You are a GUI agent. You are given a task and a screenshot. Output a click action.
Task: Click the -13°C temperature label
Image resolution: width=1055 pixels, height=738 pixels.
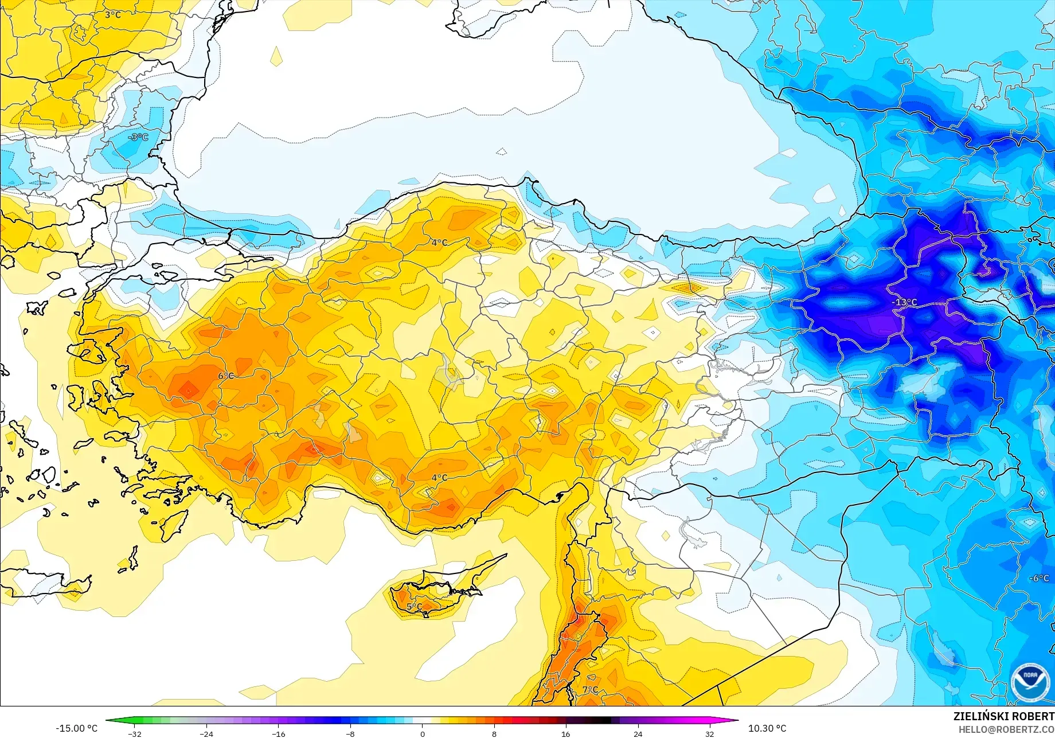click(x=904, y=302)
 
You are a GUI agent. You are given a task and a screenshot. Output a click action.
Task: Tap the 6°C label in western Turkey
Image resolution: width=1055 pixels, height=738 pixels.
click(x=226, y=376)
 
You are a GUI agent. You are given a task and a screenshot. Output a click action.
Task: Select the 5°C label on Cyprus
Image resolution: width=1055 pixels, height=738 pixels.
click(x=414, y=606)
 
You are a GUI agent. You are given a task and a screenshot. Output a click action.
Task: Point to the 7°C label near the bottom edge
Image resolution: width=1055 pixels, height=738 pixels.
click(x=590, y=689)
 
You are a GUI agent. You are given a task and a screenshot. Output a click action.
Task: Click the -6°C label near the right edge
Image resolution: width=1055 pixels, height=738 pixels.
click(x=1038, y=578)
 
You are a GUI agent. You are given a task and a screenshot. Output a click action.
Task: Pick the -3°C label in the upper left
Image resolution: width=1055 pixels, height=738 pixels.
click(x=138, y=137)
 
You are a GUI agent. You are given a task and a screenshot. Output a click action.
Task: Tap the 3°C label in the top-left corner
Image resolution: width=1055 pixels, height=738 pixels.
click(x=113, y=14)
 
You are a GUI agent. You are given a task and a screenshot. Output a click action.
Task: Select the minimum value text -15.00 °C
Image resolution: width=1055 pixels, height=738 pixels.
click(x=77, y=728)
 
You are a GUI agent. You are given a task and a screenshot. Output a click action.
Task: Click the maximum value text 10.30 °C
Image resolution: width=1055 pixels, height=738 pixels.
click(x=767, y=728)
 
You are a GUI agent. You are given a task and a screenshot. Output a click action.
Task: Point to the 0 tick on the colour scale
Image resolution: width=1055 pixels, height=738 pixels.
click(x=423, y=734)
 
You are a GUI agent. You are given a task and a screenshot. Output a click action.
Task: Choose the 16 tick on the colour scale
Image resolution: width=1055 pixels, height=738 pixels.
click(x=566, y=734)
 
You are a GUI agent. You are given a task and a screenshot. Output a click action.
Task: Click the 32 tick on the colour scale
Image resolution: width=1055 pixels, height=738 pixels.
click(x=709, y=734)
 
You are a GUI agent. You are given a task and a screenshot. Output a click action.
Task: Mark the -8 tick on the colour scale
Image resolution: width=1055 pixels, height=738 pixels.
click(x=350, y=734)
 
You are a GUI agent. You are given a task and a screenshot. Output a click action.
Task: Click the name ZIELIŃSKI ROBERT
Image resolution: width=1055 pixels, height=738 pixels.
click(x=1003, y=716)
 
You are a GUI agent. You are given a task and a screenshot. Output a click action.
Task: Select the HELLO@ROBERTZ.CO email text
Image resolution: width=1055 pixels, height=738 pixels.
click(x=1006, y=729)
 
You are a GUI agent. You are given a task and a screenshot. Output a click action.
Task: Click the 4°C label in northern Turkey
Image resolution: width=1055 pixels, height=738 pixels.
click(x=439, y=243)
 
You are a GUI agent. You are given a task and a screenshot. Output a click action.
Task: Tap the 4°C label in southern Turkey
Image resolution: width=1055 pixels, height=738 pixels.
click(x=439, y=477)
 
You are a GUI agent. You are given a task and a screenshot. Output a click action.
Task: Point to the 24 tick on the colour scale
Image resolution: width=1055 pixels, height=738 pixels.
click(x=638, y=734)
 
